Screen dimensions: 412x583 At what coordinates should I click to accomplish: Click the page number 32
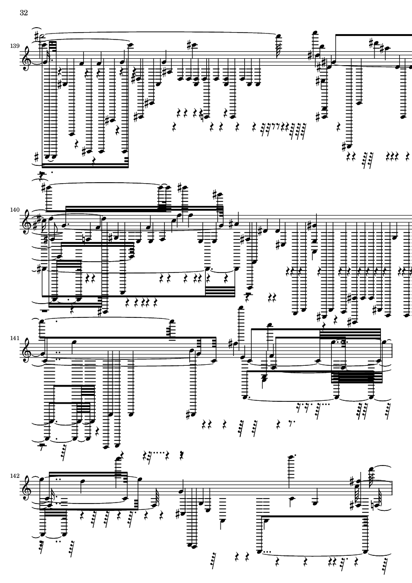(x=24, y=13)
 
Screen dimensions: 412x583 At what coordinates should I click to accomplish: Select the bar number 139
(x=15, y=46)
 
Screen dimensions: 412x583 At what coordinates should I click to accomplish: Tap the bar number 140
(x=15, y=210)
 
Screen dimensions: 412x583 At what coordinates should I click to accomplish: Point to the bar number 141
(x=15, y=339)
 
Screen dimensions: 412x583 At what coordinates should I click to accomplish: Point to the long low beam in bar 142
(x=313, y=516)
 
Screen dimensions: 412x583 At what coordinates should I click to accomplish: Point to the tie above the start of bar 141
(x=108, y=320)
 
